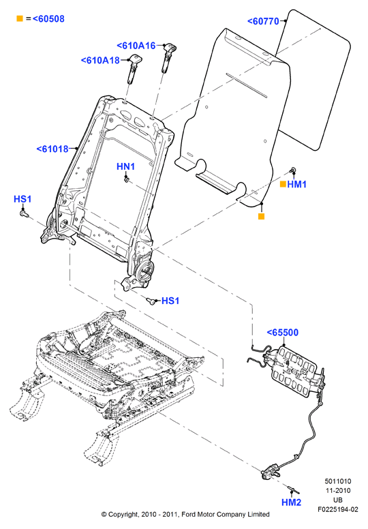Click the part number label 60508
click(x=48, y=19)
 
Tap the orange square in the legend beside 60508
click(x=20, y=18)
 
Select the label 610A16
click(x=136, y=46)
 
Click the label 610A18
click(x=100, y=61)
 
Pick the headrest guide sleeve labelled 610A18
click(x=134, y=68)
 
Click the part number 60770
click(x=264, y=21)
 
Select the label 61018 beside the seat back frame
click(x=52, y=149)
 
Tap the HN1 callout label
click(x=125, y=166)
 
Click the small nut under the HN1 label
click(x=127, y=180)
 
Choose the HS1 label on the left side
click(x=22, y=199)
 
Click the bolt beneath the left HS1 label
click(x=24, y=214)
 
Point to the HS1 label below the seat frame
click(x=170, y=301)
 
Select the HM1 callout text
click(x=297, y=184)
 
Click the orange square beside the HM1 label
click(x=283, y=184)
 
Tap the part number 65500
click(x=283, y=333)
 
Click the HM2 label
click(x=292, y=502)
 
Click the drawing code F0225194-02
click(x=337, y=509)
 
